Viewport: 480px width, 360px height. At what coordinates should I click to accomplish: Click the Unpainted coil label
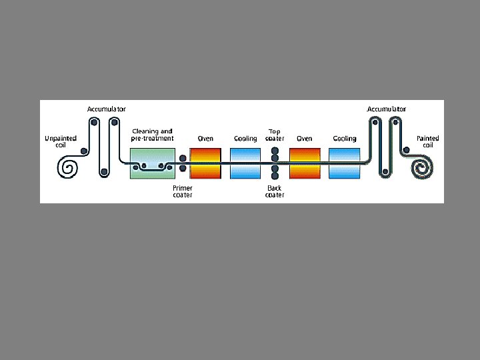click(60, 141)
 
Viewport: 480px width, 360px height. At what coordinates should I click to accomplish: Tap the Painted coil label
click(427, 141)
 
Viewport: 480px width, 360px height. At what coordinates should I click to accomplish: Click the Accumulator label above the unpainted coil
click(107, 108)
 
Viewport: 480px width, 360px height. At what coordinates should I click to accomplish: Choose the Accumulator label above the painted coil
click(387, 108)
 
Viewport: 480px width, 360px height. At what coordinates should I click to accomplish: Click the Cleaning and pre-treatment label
click(153, 134)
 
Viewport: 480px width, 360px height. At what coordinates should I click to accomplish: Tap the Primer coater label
click(183, 191)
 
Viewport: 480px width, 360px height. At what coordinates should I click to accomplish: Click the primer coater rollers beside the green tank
click(183, 163)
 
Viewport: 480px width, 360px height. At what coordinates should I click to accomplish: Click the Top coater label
click(275, 135)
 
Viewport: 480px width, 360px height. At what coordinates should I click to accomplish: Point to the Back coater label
click(275, 191)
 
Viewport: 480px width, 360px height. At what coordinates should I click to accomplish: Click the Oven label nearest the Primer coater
click(205, 139)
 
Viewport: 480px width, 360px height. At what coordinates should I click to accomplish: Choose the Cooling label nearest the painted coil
click(344, 139)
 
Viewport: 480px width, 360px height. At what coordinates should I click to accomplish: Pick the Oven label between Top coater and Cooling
click(305, 139)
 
